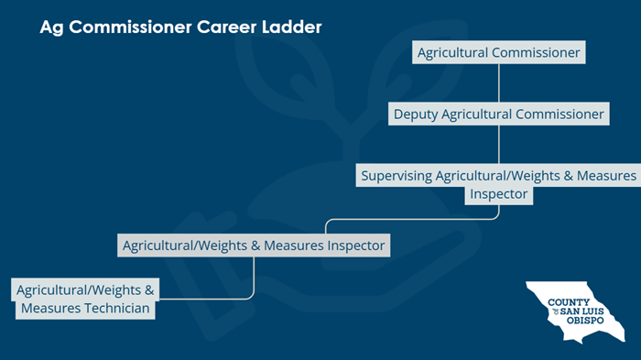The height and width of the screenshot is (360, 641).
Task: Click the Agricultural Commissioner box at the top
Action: [x=498, y=52]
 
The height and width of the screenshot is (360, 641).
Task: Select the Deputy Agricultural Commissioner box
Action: [x=498, y=115]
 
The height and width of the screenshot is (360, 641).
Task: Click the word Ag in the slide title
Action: [x=51, y=28]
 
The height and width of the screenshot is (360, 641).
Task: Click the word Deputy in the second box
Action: [x=417, y=115]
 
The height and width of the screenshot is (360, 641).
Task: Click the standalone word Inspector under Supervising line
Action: [x=498, y=194]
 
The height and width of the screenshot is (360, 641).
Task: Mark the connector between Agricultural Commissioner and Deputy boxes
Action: [x=498, y=82]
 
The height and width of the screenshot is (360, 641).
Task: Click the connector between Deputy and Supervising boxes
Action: [x=498, y=144]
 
